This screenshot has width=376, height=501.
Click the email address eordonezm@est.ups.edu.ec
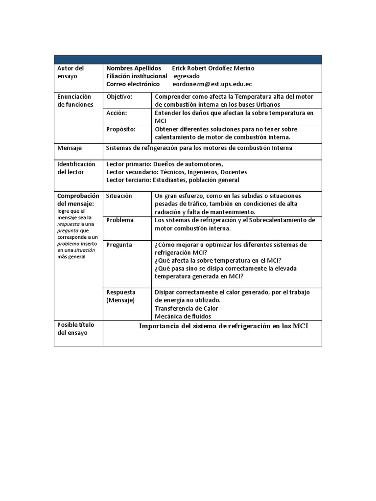pyautogui.click(x=212, y=84)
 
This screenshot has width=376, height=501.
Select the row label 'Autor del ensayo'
pyautogui.click(x=71, y=72)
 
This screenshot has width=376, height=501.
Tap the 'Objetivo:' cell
pyautogui.click(x=119, y=97)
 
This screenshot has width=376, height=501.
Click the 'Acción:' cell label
pyautogui.click(x=117, y=113)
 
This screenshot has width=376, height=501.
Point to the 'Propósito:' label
pyautogui.click(x=121, y=129)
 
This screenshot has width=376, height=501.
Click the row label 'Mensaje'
pyautogui.click(x=70, y=148)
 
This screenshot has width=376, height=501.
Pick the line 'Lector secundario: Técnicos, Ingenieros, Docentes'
pyautogui.click(x=176, y=172)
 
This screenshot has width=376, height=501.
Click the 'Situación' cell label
pyautogui.click(x=119, y=196)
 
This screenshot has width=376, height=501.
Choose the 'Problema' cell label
pyautogui.click(x=120, y=220)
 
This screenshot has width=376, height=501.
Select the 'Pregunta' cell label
pyautogui.click(x=119, y=245)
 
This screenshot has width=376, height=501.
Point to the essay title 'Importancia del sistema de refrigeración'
pyautogui.click(x=223, y=326)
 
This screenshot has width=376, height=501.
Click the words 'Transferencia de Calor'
pyautogui.click(x=187, y=308)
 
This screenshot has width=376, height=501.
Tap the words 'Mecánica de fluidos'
pyautogui.click(x=183, y=317)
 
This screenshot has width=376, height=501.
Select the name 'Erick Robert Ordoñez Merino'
pyautogui.click(x=213, y=68)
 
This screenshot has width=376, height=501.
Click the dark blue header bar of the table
pyautogui.click(x=188, y=59)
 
